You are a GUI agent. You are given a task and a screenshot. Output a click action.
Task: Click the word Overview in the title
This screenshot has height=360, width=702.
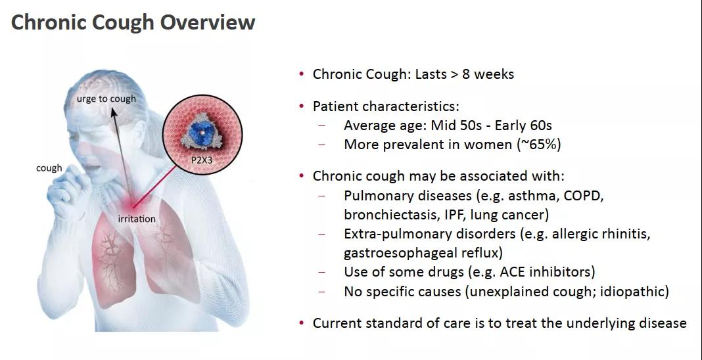[207, 22]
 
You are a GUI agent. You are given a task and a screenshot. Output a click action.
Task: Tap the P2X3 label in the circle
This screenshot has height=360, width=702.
[202, 158]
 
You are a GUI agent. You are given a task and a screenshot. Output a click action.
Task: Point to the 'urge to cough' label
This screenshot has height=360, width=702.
[106, 99]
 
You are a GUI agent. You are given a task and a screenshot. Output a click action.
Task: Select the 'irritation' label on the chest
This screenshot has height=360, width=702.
[137, 219]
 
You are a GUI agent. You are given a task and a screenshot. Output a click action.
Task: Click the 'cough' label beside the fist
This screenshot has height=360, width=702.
[49, 169]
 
